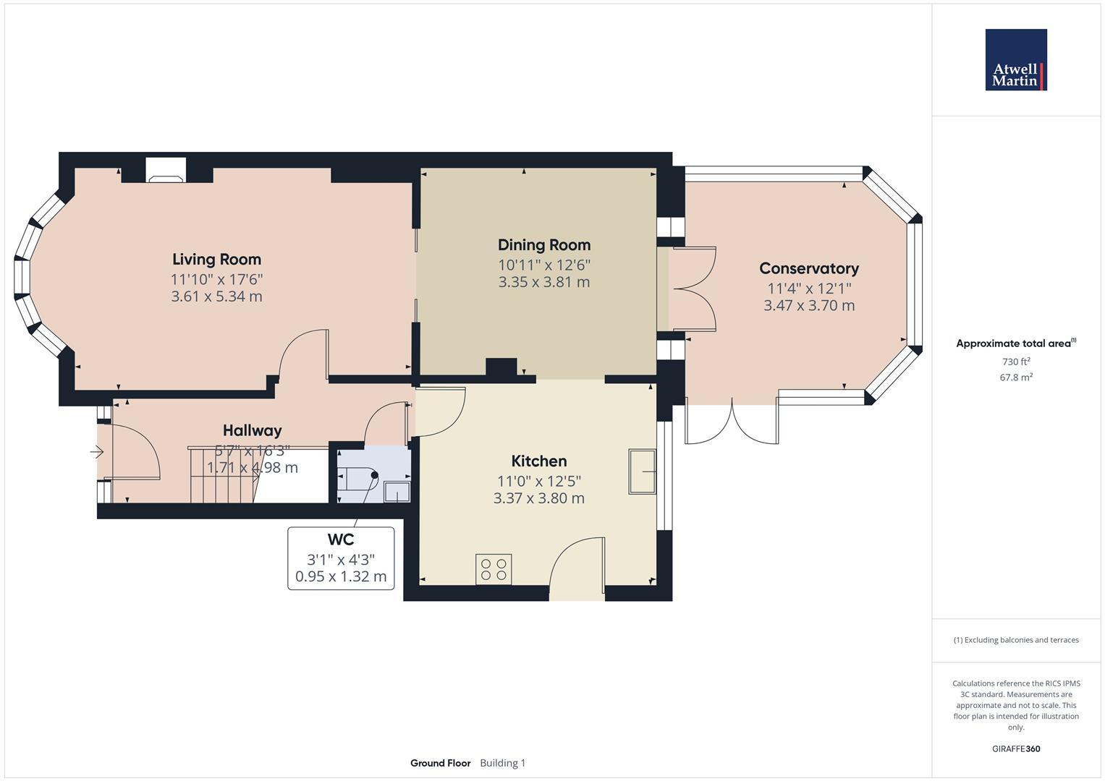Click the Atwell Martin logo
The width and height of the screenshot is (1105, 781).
click(1015, 60)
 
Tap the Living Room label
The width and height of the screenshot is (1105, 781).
click(216, 259)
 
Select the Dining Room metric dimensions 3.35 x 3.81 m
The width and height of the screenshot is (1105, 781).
click(543, 282)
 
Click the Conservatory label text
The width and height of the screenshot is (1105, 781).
click(808, 268)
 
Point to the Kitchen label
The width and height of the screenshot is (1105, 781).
click(538, 461)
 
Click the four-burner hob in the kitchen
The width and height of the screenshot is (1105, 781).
click(494, 569)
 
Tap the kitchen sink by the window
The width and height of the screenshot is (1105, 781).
click(642, 471)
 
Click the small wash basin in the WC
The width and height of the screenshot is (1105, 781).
click(397, 492)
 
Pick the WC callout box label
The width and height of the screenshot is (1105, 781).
click(341, 539)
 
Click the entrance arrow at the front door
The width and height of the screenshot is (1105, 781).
click(96, 452)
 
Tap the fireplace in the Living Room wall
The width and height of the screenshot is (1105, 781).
click(166, 170)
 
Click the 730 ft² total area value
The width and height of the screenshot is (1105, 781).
click(1015, 362)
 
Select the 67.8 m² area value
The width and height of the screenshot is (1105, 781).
click(1015, 377)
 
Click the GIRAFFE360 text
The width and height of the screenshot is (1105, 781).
click(1015, 748)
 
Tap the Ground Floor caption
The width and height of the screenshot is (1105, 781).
click(440, 763)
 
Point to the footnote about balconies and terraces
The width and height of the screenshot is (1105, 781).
click(1015, 640)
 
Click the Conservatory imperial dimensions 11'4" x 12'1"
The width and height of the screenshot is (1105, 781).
click(808, 288)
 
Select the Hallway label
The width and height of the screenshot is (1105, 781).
click(252, 431)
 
